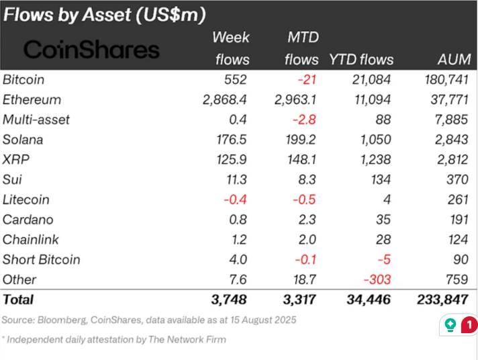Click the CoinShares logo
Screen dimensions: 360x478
(92, 49)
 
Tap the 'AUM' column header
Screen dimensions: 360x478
(453, 59)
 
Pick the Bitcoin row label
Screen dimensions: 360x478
(23, 79)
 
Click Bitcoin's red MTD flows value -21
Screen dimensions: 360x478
(307, 79)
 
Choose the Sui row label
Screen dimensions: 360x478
(11, 179)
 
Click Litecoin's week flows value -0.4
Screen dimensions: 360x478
(234, 199)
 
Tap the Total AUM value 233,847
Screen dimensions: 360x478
(444, 300)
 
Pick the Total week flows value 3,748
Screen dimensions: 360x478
(232, 300)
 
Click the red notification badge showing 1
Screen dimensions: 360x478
(470, 324)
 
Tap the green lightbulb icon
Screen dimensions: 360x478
(450, 325)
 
